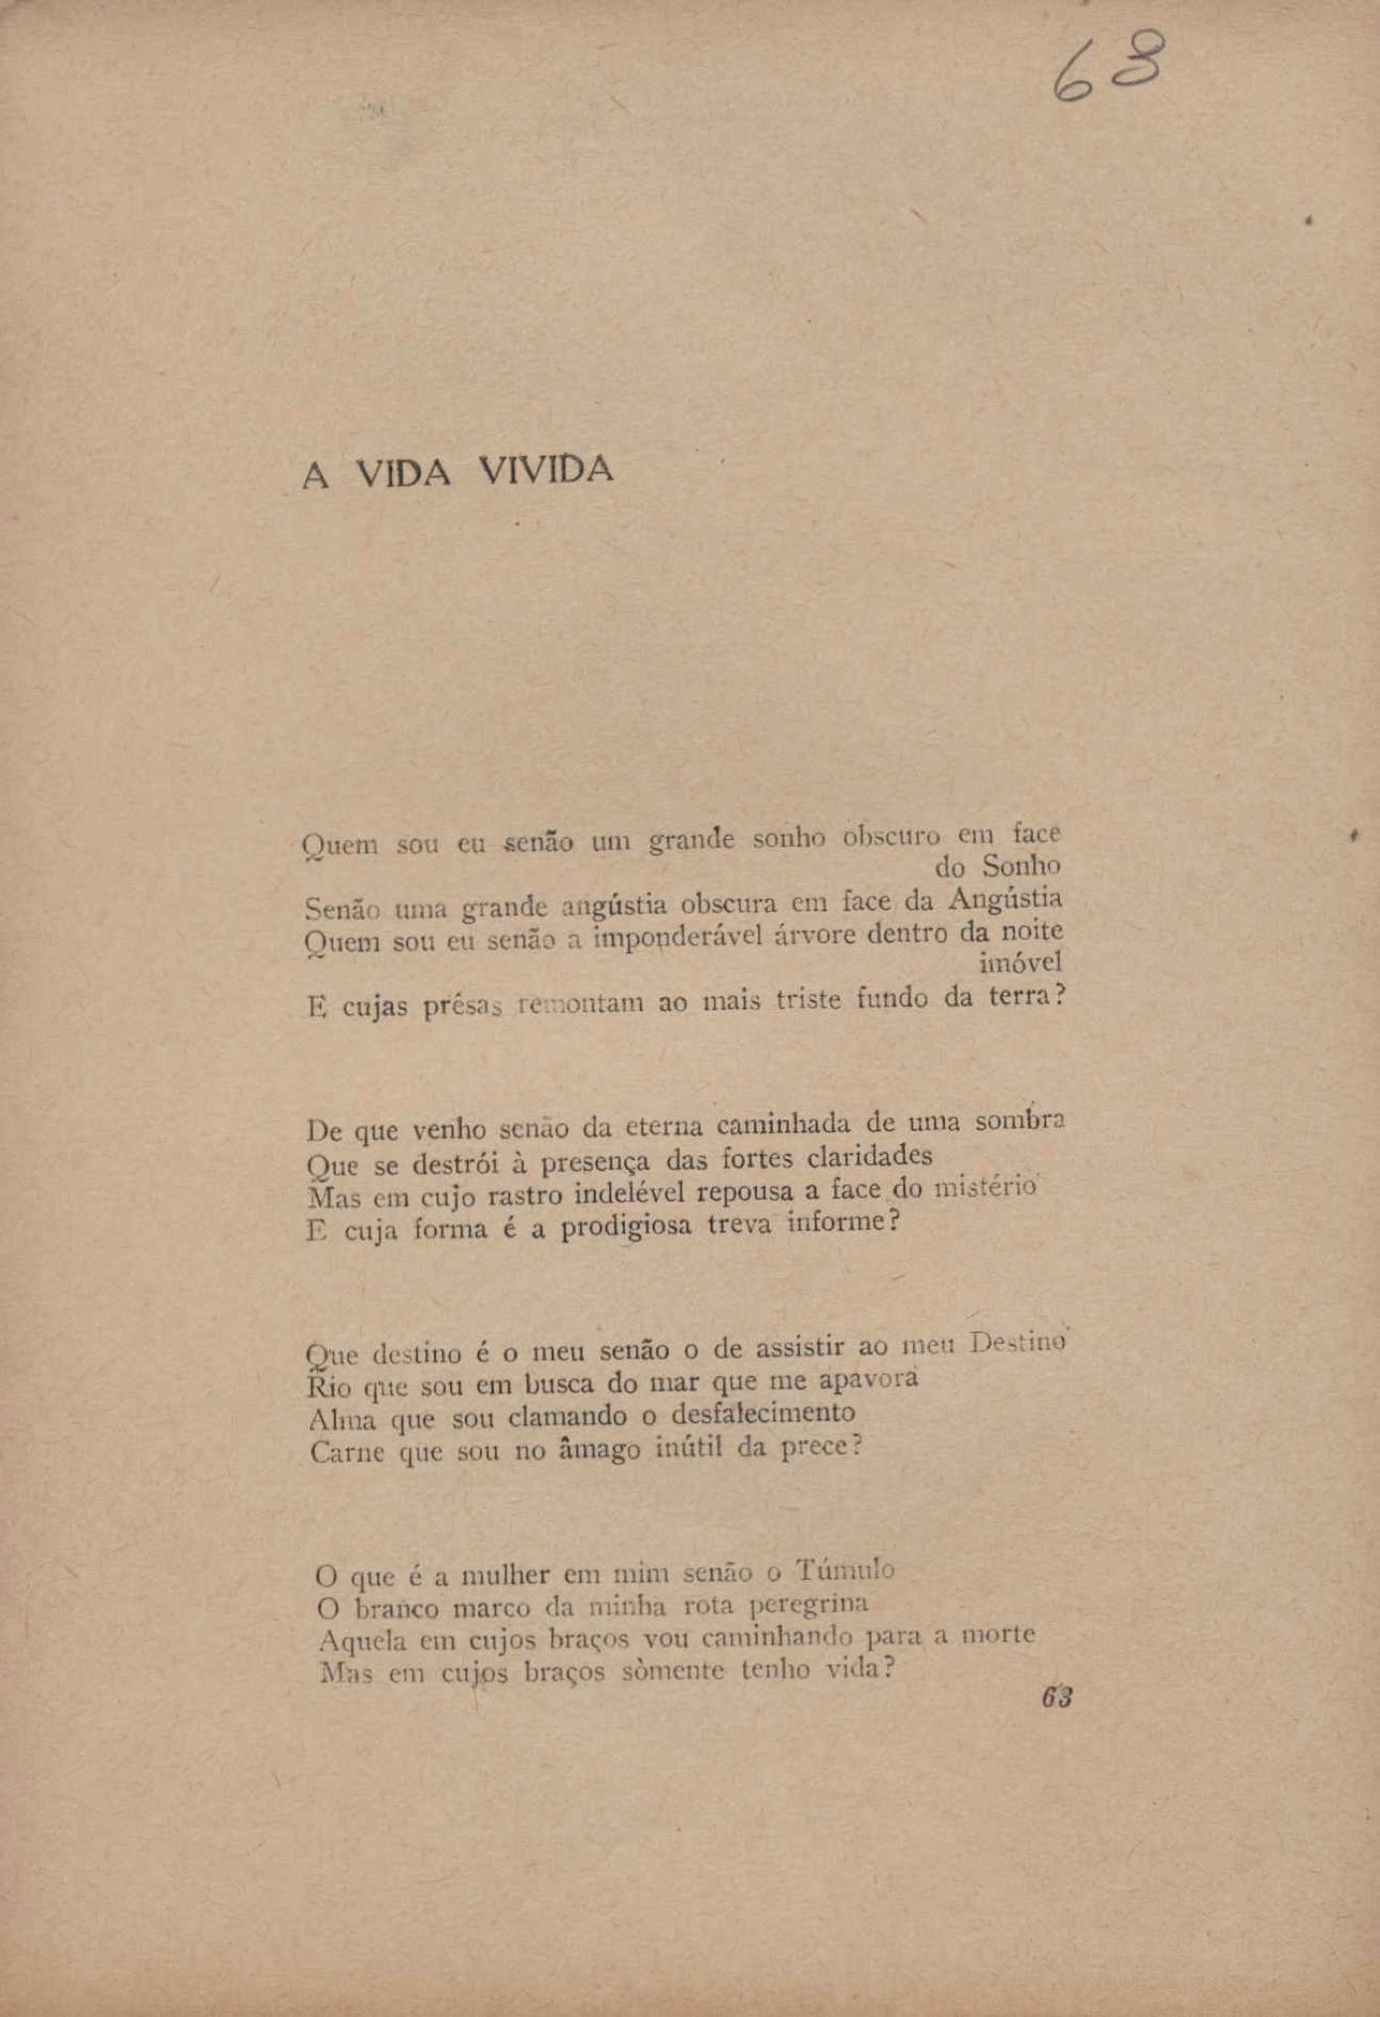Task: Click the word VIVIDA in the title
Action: [x=545, y=470]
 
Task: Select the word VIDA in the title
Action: [x=403, y=474]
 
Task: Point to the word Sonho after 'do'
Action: [x=1021, y=866]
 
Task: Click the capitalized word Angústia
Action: [x=1005, y=899]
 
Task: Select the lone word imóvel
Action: [x=1020, y=962]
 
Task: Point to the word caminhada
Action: [x=783, y=1124]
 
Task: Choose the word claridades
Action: [x=869, y=1157]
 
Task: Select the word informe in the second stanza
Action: [x=836, y=1221]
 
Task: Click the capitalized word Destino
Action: [x=1017, y=1344]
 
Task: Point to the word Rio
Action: [x=329, y=1386]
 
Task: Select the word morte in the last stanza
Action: [x=997, y=1635]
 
